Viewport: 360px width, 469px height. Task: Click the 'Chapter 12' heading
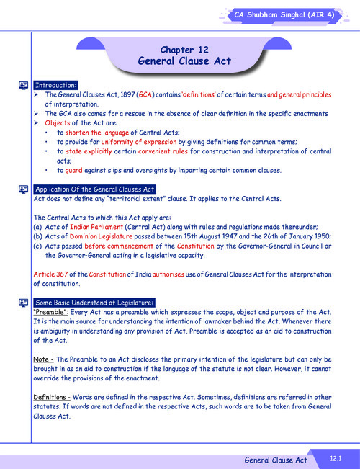(184, 50)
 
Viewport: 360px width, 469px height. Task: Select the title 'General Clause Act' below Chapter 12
(184, 61)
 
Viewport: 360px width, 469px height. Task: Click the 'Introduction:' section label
(56, 85)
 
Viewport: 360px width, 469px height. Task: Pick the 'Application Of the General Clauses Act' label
(94, 189)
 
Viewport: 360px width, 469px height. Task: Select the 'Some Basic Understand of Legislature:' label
(94, 302)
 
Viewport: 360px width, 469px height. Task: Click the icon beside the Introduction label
(23, 85)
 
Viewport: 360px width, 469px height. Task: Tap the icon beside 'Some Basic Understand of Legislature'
(23, 302)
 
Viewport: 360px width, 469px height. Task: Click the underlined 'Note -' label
(43, 359)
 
